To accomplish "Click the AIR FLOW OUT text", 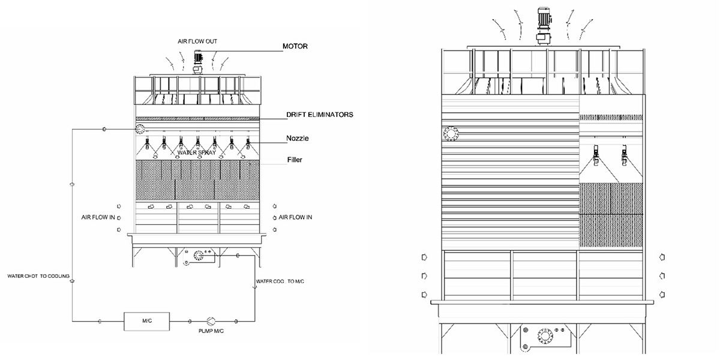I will [x=197, y=41].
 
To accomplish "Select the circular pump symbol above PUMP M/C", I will [x=211, y=321].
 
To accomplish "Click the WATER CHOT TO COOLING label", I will [x=38, y=277].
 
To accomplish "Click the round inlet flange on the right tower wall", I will [x=451, y=133].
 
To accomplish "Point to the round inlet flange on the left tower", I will [x=140, y=130].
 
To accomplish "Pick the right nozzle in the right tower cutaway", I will [x=626, y=157].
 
